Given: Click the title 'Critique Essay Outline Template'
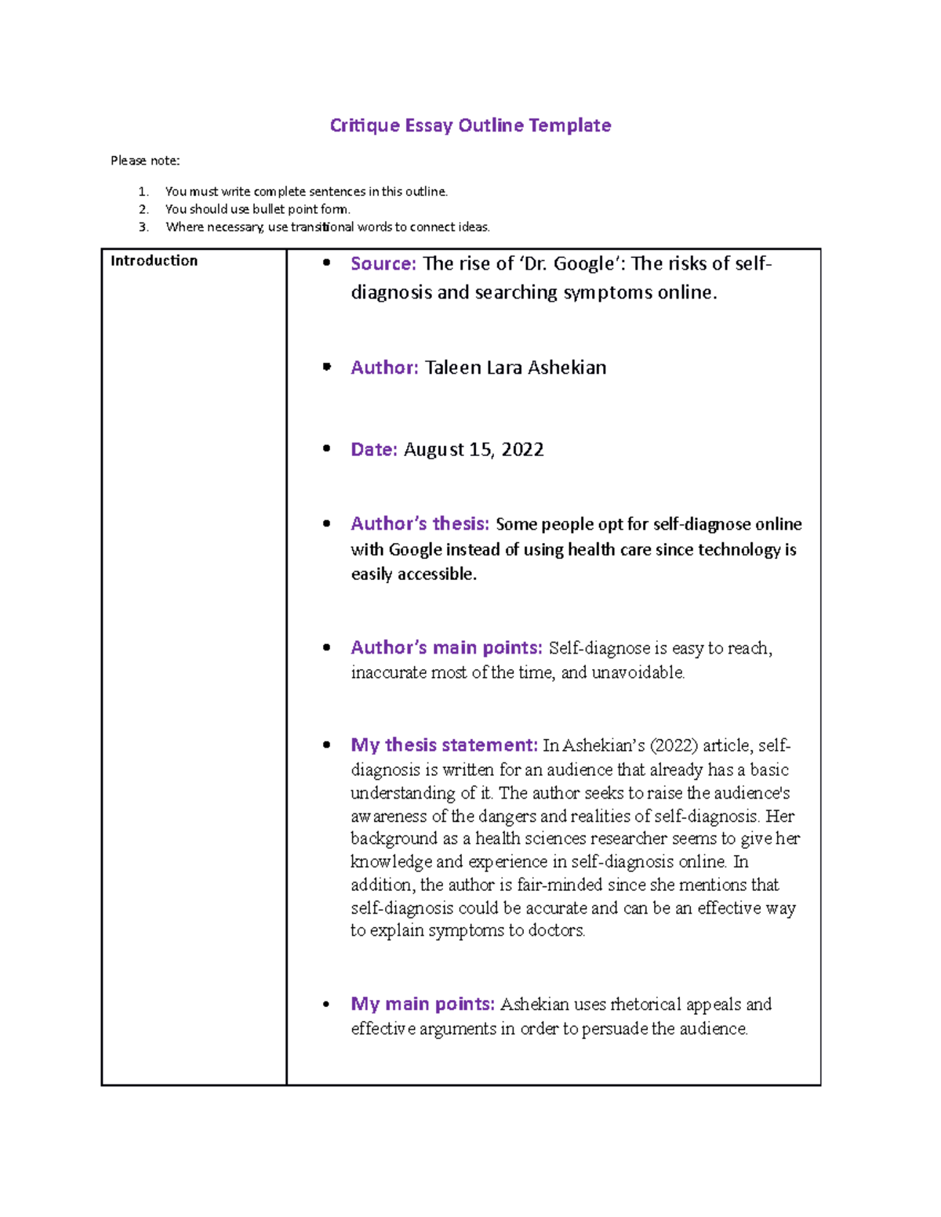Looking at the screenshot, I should (470, 125).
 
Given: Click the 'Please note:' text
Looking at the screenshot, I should (145, 161).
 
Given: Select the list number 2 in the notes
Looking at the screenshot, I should (144, 209).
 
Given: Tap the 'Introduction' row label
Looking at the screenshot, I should (154, 261).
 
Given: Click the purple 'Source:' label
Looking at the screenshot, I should (383, 264).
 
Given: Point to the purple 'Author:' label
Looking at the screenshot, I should (384, 368).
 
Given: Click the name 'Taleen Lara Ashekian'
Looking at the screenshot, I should (515, 368).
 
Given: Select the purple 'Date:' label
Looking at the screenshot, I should (374, 450).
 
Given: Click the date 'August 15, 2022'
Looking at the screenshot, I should (473, 450).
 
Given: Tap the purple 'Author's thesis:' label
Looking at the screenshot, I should (420, 523).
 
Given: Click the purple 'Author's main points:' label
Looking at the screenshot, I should (446, 648).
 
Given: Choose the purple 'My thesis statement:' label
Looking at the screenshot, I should (444, 745).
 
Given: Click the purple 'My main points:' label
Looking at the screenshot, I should (423, 1005).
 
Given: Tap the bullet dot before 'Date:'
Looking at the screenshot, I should (327, 449).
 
